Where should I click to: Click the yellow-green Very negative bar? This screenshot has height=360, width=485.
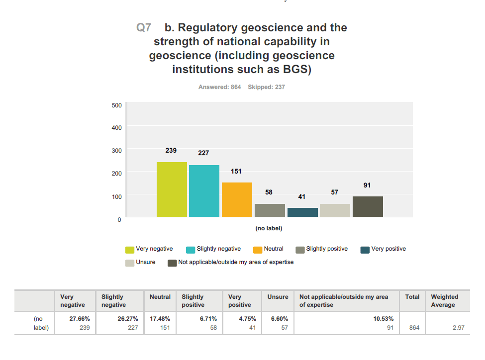coord(172,189)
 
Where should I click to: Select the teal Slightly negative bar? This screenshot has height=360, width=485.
coord(204,191)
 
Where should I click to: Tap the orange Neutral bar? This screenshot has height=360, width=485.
coord(237,199)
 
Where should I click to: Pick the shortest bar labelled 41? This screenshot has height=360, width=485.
coord(302,212)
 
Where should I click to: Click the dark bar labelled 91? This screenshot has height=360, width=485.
coord(368,206)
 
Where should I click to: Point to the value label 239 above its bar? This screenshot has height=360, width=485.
coord(171,150)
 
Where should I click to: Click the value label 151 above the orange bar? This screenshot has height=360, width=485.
coord(236,171)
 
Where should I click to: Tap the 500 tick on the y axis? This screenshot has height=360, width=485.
coord(117,105)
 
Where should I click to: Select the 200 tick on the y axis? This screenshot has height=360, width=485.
coord(117,173)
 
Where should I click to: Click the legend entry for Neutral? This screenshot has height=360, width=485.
coord(268,249)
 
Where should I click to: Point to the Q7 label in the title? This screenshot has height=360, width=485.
coord(144,28)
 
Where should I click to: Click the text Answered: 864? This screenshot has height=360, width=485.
coord(219,87)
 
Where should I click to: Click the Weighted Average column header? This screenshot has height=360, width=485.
coord(444,301)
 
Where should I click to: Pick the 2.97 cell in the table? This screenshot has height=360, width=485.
coord(458,327)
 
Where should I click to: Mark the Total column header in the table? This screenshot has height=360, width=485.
coord(412,297)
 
